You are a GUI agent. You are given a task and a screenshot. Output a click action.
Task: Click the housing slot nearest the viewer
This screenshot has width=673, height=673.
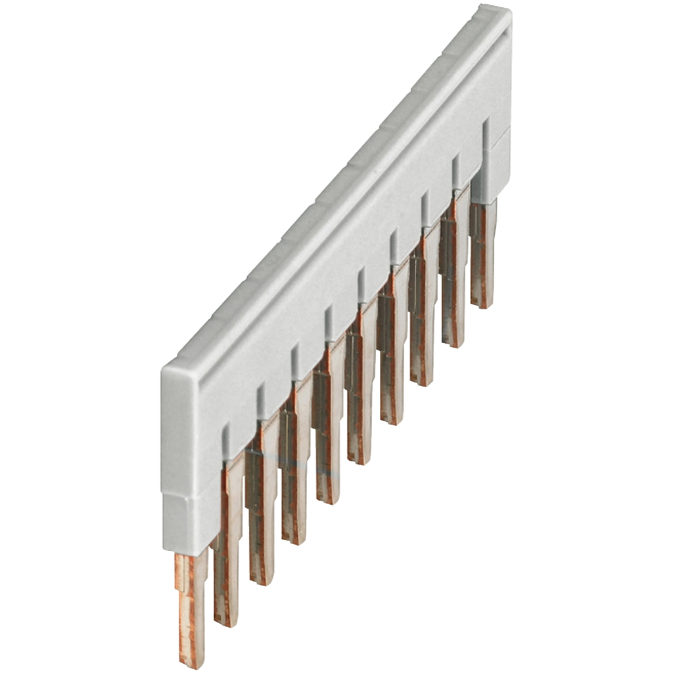tap(226, 440)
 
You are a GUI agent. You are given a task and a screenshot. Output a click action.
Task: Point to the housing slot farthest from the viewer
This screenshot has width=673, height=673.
tap(486, 135)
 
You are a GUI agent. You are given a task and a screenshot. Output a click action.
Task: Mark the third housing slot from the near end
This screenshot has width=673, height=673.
tap(295, 359)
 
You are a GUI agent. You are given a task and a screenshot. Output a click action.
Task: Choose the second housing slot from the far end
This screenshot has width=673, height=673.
tap(455, 171)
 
